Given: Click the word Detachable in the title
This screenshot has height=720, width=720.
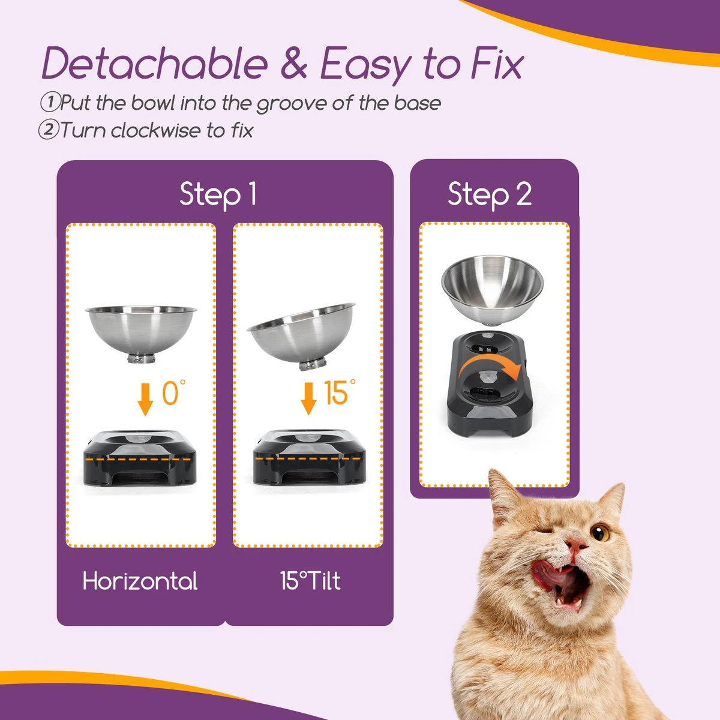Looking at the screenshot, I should (155, 64).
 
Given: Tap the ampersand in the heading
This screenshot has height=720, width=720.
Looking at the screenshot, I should (293, 64).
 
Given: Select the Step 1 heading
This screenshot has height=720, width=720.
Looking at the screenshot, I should (218, 194).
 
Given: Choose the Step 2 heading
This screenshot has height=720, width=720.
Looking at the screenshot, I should (490, 194).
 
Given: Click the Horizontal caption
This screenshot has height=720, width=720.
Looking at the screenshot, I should (140, 581).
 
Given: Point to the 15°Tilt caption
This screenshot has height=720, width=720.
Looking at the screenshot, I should (310, 581).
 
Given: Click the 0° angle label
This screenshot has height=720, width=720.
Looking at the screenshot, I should (173, 394).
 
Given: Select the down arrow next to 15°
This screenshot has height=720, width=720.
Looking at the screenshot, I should (308, 399).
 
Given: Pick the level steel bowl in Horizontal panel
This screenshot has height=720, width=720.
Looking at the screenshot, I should (141, 333).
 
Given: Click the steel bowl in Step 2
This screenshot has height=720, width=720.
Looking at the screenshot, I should (492, 291).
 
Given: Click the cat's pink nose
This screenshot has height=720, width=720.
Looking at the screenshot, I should (577, 545).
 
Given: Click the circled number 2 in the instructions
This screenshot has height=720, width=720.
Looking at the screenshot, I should (48, 130).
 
